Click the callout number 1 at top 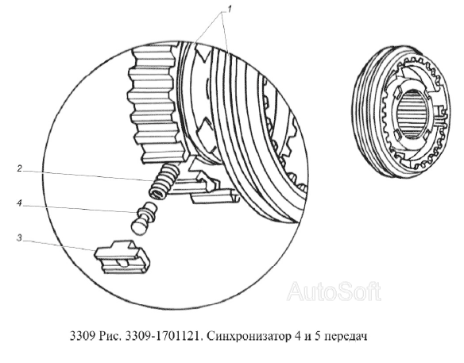click(229, 10)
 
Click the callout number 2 click(20, 169)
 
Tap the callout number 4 click(19, 203)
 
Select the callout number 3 click(19, 237)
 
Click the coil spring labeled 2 click(164, 182)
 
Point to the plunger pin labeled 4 click(144, 218)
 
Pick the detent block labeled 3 click(122, 257)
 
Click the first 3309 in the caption click(83, 336)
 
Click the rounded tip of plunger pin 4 click(137, 228)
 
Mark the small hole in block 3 click(122, 263)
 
